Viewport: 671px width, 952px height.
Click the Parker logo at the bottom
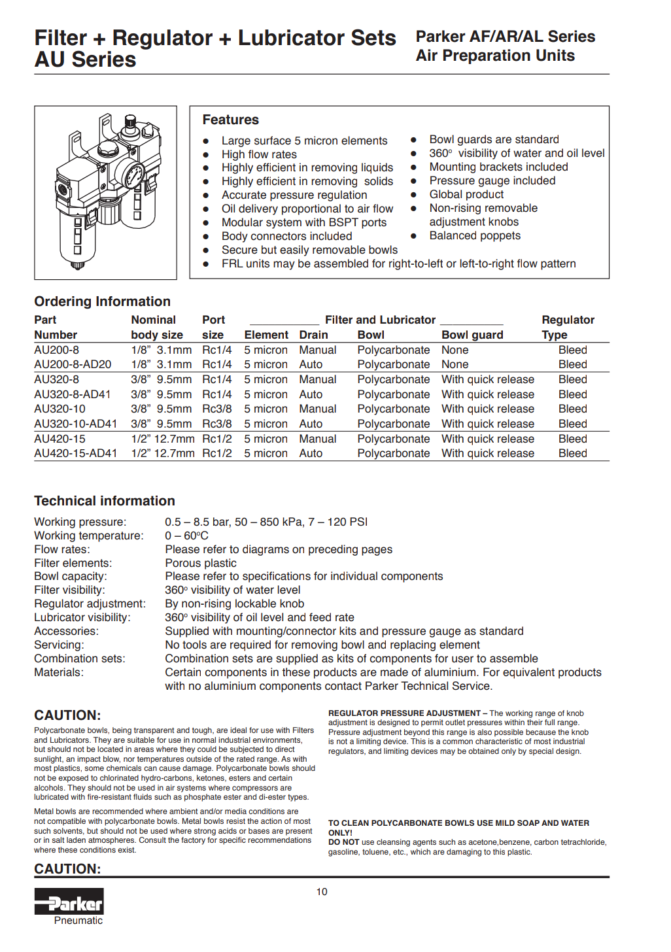(x=69, y=902)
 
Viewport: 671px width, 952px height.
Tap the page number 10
(x=322, y=892)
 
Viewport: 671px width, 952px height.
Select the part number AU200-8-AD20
(x=73, y=364)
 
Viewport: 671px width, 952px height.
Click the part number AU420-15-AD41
(x=76, y=453)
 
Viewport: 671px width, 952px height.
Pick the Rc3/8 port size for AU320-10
(x=216, y=409)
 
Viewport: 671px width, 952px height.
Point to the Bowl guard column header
(x=472, y=335)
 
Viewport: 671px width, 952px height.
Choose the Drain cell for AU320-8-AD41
(x=311, y=394)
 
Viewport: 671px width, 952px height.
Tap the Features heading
(x=230, y=120)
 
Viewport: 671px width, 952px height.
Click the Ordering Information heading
(x=102, y=301)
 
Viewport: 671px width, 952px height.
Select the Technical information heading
(x=105, y=501)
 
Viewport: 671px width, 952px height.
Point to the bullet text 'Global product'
(x=466, y=194)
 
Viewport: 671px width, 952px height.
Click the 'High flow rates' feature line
(x=259, y=154)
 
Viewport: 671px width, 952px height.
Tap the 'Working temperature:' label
(x=88, y=535)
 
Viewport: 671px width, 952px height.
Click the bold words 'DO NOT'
(x=344, y=842)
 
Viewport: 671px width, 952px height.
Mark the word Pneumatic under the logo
(x=78, y=921)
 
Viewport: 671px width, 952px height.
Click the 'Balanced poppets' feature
(x=475, y=235)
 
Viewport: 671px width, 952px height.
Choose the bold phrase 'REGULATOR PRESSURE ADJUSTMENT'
(x=404, y=713)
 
